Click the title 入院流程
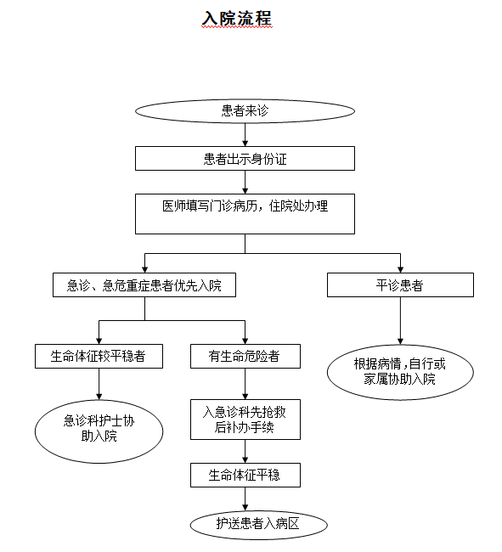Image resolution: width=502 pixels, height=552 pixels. point(237,19)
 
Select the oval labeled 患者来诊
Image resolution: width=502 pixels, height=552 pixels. point(245,111)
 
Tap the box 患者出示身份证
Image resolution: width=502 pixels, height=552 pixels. point(245,159)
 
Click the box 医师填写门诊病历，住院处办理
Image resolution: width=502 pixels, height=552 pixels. point(245,214)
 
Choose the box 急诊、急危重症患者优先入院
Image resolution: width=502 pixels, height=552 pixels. point(144,284)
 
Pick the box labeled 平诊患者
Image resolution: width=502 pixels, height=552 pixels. point(400,284)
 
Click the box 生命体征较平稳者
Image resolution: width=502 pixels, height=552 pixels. point(99,357)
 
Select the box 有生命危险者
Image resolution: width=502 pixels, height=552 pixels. point(245,357)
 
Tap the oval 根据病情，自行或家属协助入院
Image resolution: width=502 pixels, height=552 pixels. point(400,372)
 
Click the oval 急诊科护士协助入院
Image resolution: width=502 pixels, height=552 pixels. point(99,431)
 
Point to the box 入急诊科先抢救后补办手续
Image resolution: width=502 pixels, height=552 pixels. point(245,420)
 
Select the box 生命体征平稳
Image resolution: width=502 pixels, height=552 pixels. point(245,476)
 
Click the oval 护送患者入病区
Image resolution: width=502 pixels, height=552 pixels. point(259,525)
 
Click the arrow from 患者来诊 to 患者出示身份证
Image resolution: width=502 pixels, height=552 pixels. point(245,135)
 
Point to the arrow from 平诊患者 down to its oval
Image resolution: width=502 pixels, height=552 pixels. point(400,321)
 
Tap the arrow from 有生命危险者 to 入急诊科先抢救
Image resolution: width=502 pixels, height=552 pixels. point(245,384)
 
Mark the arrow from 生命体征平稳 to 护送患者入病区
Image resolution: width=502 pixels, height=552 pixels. point(245,499)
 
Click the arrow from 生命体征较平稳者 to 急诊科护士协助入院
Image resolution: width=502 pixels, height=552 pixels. point(99,384)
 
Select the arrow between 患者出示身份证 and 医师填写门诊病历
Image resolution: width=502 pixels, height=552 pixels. point(245,183)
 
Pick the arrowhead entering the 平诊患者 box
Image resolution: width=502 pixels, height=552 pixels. point(400,270)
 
